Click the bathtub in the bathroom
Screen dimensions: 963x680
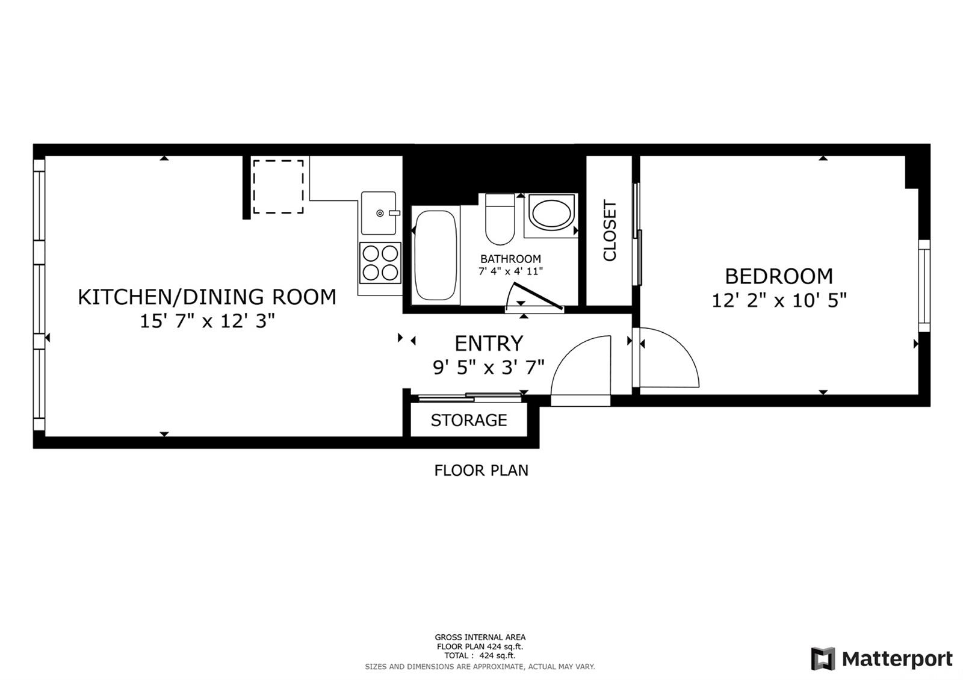click(x=435, y=255)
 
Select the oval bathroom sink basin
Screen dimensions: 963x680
click(x=551, y=213)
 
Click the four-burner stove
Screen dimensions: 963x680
click(x=380, y=262)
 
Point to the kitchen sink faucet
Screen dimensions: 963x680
click(x=394, y=213)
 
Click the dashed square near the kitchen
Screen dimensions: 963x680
click(x=278, y=187)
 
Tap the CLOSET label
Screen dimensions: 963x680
click(x=610, y=230)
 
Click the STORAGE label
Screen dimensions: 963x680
click(x=469, y=421)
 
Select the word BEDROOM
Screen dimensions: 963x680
click(x=779, y=276)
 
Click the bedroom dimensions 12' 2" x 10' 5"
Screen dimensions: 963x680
click(x=779, y=300)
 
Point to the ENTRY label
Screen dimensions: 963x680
click(x=489, y=344)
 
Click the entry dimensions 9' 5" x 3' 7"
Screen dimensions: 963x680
click(x=488, y=368)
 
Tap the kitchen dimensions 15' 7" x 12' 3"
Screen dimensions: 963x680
click(x=207, y=321)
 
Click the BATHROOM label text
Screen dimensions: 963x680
click(x=510, y=259)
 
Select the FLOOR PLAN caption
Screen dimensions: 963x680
click(x=481, y=471)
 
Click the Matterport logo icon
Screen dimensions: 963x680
click(x=823, y=658)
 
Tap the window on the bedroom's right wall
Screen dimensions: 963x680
click(x=924, y=286)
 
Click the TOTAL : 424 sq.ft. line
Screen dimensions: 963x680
click(x=480, y=655)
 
